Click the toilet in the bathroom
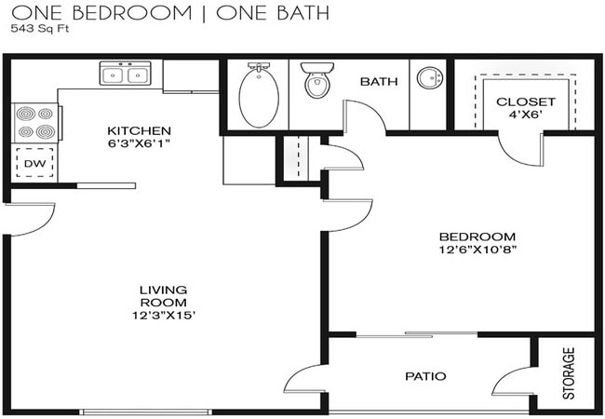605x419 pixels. (x=317, y=80)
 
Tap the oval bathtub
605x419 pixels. (x=259, y=96)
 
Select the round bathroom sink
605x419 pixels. (x=429, y=78)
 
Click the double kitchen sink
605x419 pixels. (x=126, y=74)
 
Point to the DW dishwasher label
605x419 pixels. (x=34, y=164)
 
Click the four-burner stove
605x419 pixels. (x=36, y=123)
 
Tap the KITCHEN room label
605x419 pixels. (x=139, y=130)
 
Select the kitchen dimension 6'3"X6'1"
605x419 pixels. (x=139, y=143)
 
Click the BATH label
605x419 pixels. (x=379, y=81)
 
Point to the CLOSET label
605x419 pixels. (x=526, y=101)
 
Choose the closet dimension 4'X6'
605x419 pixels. (x=526, y=115)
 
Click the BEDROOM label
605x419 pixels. (x=477, y=237)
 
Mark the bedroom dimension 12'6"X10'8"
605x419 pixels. (x=477, y=250)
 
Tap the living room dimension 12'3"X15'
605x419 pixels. (x=164, y=316)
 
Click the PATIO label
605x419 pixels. (x=425, y=376)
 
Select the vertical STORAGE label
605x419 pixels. (x=569, y=373)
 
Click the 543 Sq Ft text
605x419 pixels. (x=40, y=29)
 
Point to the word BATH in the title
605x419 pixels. (x=302, y=13)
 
